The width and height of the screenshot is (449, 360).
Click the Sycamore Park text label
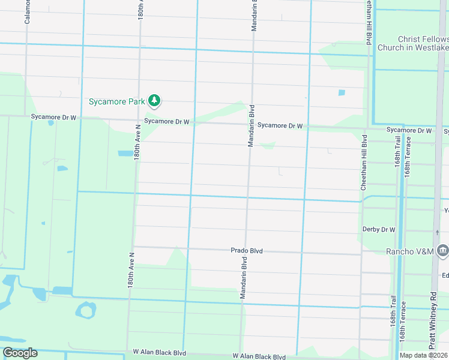116,101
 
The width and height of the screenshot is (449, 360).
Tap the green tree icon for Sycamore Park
154,101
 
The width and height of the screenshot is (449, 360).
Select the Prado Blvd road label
247,250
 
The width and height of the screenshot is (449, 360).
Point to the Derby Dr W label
379,229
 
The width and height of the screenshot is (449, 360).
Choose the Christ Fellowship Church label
413,43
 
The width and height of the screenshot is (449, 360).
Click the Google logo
20,353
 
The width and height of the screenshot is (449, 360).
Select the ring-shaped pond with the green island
85,310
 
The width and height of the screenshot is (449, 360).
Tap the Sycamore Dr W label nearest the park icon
167,121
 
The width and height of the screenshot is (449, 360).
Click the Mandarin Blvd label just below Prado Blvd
244,277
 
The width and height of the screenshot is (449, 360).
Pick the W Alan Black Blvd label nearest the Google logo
159,353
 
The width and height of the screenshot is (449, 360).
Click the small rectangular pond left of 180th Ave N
125,153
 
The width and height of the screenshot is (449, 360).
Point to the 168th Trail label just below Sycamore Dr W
397,159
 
